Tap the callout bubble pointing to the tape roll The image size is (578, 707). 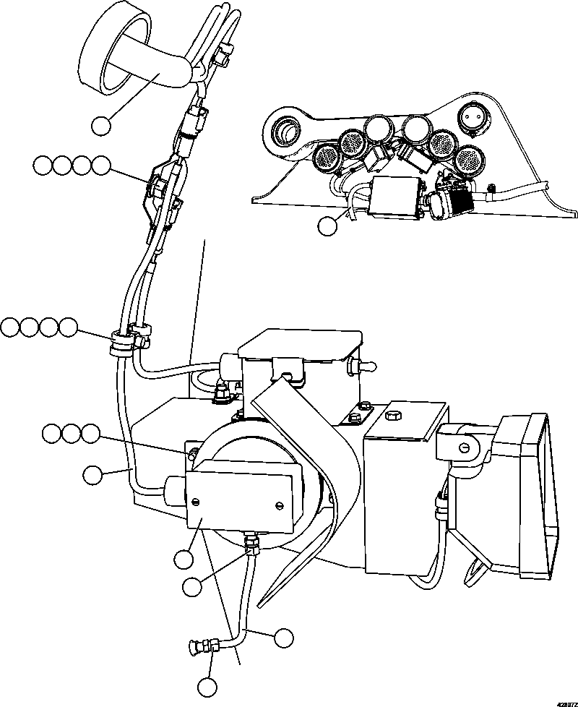[102, 125]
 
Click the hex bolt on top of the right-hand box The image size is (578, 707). [393, 415]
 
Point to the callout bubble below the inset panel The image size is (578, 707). [327, 226]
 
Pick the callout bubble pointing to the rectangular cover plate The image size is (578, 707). [184, 558]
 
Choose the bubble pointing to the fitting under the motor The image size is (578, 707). [192, 586]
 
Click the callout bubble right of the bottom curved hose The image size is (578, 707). [284, 637]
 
